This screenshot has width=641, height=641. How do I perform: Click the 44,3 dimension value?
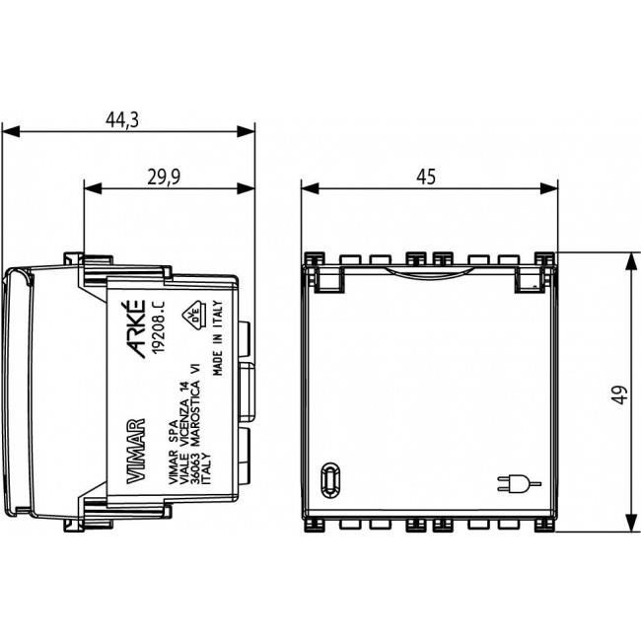coord(122,119)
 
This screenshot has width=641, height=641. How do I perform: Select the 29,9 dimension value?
coord(164,177)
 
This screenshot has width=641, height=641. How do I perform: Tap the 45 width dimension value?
coord(426,177)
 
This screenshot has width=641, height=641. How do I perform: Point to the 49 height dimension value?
coord(620,394)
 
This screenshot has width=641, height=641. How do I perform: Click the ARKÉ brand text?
coord(135,329)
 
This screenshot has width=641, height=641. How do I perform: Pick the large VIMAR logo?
coord(136,451)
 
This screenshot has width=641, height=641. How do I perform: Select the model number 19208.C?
coord(159,327)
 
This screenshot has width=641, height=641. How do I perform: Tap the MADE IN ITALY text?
coord(218,338)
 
